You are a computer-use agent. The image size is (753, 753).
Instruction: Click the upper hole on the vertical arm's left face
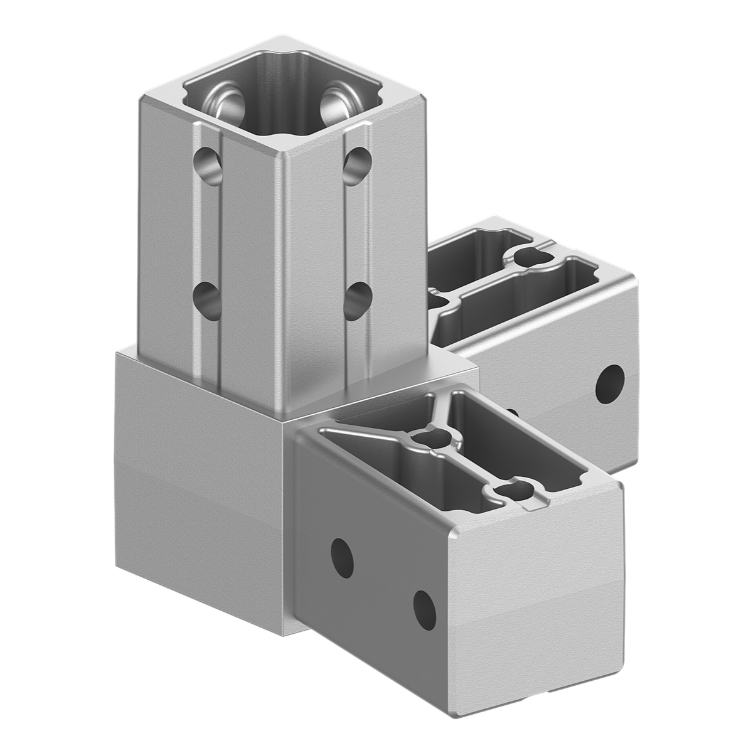pyautogui.click(x=208, y=166)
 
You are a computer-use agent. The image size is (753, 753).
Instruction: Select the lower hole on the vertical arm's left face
pyautogui.click(x=208, y=299)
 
